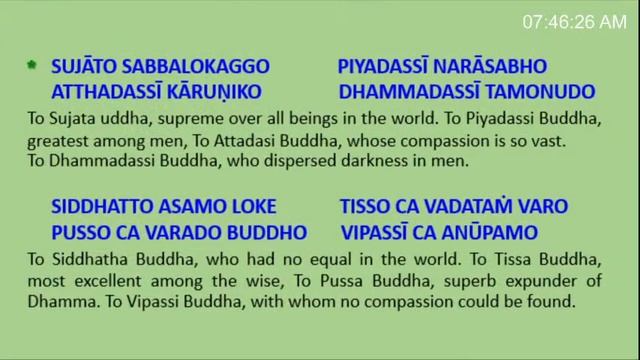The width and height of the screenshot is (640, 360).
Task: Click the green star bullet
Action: (x=31, y=66)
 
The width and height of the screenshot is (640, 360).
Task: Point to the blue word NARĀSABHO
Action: (x=496, y=68)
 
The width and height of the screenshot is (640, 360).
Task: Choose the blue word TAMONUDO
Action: (x=520, y=93)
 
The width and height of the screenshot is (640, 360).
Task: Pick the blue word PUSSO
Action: (x=79, y=233)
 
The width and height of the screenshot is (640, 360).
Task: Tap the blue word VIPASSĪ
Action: (x=377, y=233)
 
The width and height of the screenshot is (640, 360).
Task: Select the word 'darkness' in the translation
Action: (x=359, y=160)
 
